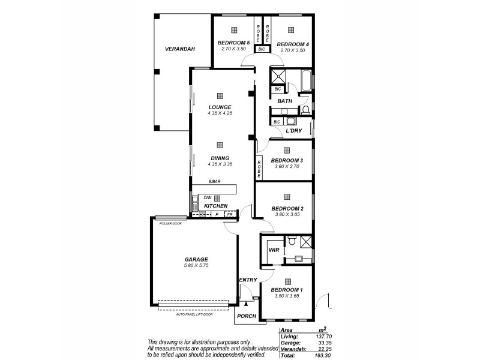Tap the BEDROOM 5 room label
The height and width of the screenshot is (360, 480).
233,43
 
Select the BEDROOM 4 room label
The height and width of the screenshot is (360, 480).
293,44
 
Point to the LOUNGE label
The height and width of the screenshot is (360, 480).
220,107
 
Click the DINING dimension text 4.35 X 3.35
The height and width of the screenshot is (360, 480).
220,164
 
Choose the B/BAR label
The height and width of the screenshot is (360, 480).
213,181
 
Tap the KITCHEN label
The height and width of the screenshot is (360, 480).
215,206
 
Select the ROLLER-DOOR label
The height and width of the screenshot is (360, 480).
170,223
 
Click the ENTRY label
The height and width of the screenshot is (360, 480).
248,280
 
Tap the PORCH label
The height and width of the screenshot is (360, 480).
247,316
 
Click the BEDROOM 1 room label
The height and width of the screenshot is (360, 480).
287,290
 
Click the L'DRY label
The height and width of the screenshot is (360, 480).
293,130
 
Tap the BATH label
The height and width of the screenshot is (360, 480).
285,101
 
